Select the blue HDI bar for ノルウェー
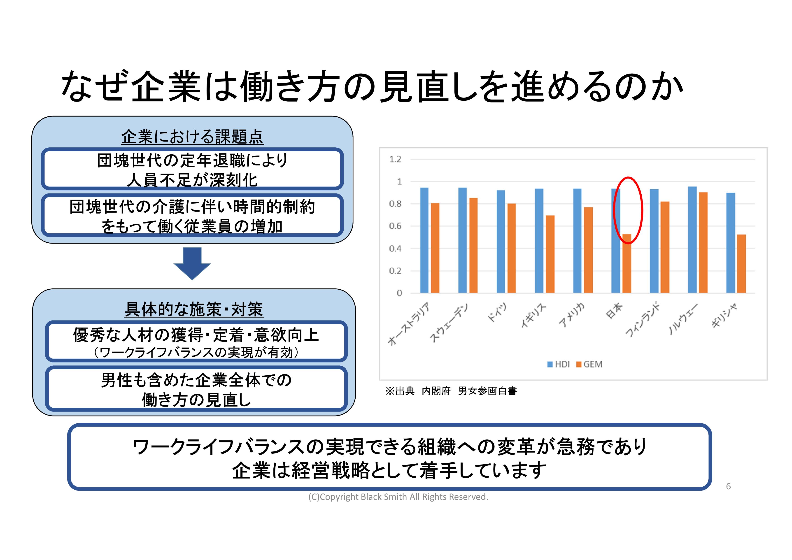692,240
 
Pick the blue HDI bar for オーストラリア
424,240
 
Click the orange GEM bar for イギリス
550,254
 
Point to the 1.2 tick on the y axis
395,159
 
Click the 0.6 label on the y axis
395,226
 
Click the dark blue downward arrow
192,264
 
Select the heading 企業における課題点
192,137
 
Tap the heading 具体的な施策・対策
194,309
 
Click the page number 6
728,486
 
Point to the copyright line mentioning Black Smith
398,497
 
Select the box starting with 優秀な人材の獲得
196,341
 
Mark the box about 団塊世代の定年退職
192,169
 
